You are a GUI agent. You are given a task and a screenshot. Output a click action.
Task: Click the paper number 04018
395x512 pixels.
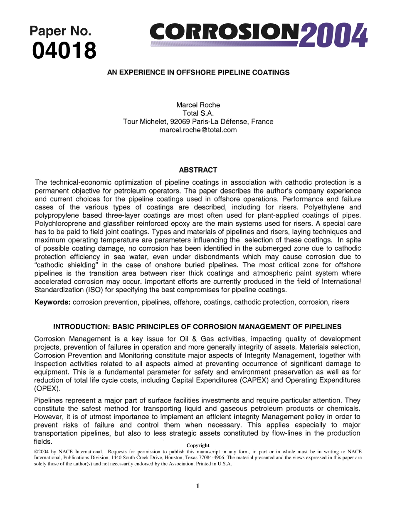64,51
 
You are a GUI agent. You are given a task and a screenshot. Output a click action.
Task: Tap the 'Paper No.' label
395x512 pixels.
60,31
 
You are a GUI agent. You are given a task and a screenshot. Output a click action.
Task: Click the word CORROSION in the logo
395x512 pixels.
224,32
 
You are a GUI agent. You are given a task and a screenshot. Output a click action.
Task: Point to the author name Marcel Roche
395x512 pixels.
198,105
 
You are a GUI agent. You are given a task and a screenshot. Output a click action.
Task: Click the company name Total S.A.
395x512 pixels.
198,113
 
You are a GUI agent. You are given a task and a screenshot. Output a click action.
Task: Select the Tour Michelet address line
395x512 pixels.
198,122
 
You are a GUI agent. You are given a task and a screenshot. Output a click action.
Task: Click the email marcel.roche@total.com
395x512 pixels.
198,130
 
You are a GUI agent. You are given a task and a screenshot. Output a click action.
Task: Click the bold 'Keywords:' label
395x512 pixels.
52,303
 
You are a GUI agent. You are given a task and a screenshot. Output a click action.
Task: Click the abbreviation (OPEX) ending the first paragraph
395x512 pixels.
47,388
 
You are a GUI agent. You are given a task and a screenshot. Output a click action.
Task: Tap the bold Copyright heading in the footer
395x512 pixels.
198,445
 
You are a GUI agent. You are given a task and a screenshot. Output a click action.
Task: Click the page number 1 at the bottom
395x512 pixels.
198,486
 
